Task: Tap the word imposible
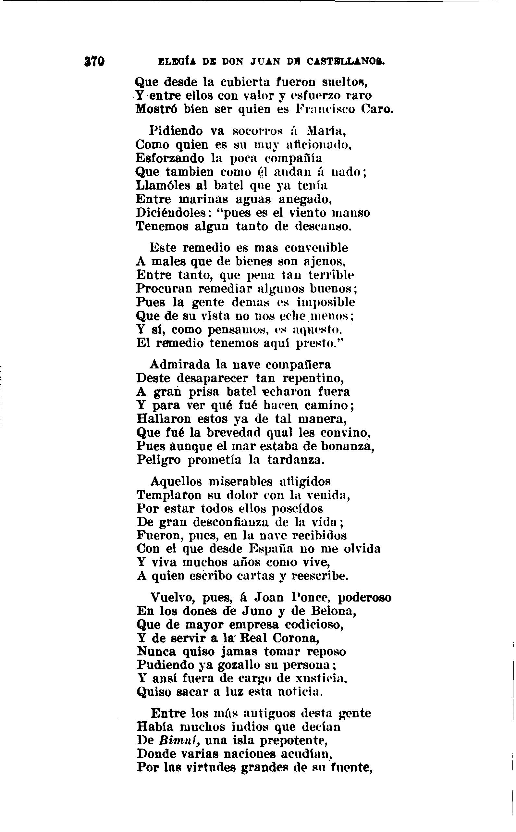coord(326,302)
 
